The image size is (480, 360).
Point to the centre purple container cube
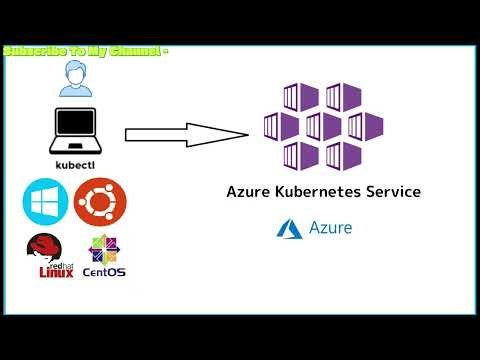coord(324,126)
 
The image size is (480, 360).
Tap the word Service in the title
coord(393,191)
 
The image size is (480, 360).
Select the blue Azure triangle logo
coord(289,228)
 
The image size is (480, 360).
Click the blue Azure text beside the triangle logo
coord(331,228)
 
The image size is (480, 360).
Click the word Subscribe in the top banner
coord(35,50)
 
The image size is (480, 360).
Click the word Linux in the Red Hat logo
coord(56,271)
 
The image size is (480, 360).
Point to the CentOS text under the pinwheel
coord(104,272)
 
